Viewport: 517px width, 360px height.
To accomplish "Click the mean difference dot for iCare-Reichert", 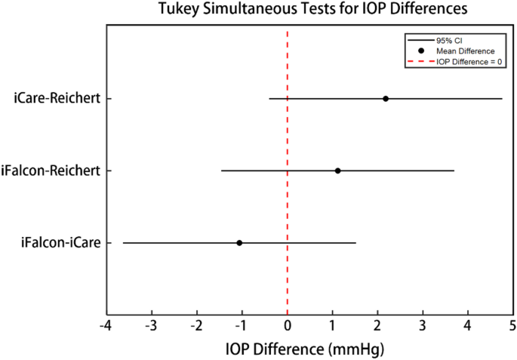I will pyautogui.click(x=386, y=99).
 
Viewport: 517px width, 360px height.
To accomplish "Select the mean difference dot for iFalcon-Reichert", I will pyautogui.click(x=337, y=171).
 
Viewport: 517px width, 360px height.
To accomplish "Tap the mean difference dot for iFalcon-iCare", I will pyautogui.click(x=239, y=243).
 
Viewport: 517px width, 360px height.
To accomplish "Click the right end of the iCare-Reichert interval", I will pyautogui.click(x=502, y=99).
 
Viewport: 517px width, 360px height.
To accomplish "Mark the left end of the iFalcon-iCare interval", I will pyautogui.click(x=123, y=243).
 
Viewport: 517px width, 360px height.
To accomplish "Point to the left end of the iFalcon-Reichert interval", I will pyautogui.click(x=221, y=171).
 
